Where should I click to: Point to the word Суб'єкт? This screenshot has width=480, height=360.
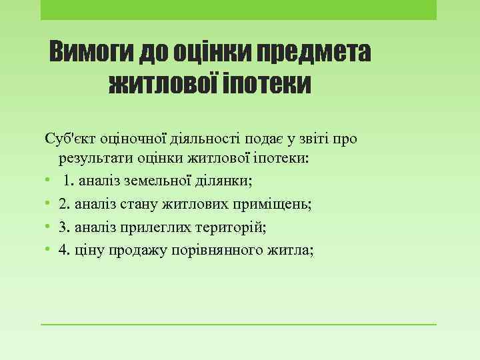pyautogui.click(x=70, y=138)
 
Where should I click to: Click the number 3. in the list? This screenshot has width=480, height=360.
pyautogui.click(x=64, y=227)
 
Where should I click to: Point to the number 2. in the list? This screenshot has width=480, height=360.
pyautogui.click(x=64, y=204)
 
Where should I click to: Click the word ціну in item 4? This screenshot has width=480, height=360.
pyautogui.click(x=89, y=250)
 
